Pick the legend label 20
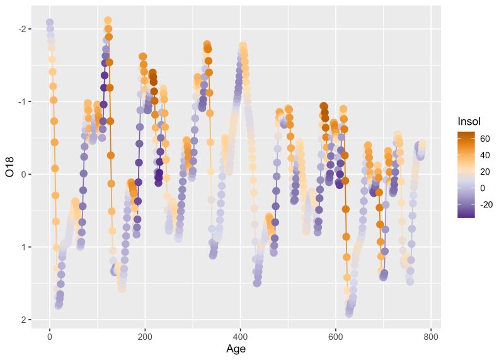tap(485, 171)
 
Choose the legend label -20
tap(486, 204)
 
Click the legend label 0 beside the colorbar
tap(483, 188)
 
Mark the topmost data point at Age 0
tap(50, 23)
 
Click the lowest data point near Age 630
tap(349, 313)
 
